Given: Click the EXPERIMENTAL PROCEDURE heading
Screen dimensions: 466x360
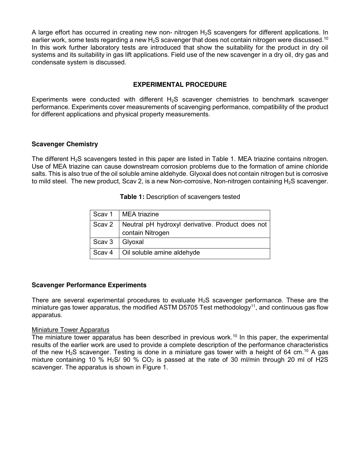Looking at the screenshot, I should click(x=180, y=84).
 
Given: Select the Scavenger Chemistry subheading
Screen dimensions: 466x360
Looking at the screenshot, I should click(x=65, y=144).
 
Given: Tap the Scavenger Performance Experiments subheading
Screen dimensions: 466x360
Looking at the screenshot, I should click(x=89, y=285).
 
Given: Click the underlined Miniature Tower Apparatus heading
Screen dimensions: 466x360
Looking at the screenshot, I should click(x=70, y=330).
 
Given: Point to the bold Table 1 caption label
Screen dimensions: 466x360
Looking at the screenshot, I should click(x=132, y=197).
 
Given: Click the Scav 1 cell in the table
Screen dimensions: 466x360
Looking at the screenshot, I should click(x=103, y=214).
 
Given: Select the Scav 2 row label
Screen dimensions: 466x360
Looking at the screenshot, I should click(x=103, y=224).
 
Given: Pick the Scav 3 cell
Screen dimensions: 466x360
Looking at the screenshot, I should click(x=103, y=242).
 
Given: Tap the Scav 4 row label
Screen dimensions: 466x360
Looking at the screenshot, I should click(x=103, y=253).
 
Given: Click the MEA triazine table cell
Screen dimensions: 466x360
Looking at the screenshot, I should click(x=140, y=214).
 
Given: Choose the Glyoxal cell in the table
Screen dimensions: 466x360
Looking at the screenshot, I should click(x=133, y=242).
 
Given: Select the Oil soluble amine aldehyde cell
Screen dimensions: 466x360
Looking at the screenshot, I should click(x=161, y=253).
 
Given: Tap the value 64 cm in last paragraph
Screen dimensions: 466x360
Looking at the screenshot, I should click(x=292, y=352).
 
